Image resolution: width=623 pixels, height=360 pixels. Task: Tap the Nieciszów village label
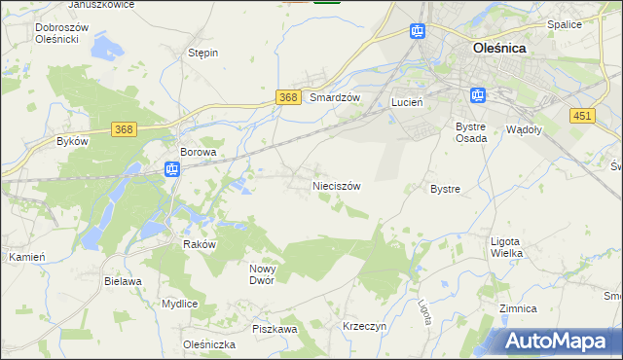337,186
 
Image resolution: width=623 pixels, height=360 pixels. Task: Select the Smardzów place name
335,98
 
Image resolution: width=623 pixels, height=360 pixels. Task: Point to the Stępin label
203,54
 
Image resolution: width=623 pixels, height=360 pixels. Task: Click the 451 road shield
582,116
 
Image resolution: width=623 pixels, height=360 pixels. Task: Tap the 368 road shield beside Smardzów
287,97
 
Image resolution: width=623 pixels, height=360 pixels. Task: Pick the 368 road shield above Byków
123,129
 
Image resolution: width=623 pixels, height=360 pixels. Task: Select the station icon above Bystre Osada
477,95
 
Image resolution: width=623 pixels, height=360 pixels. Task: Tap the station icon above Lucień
418,31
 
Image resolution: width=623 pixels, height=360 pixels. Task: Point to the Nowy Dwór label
263,274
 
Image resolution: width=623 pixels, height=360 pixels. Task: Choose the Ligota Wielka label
506,247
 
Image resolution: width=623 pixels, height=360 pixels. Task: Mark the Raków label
199,245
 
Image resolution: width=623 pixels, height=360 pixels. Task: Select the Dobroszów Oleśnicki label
61,33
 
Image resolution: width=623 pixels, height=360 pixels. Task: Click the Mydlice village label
180,304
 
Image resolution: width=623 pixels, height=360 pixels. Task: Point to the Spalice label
591,24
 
